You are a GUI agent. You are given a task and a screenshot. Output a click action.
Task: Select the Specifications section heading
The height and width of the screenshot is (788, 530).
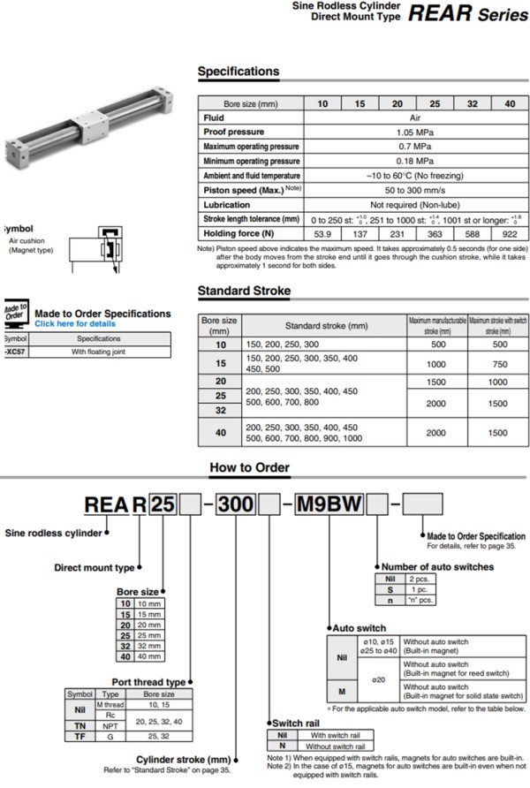click(x=238, y=72)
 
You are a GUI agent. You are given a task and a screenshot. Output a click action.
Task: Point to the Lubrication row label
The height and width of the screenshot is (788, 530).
click(x=227, y=204)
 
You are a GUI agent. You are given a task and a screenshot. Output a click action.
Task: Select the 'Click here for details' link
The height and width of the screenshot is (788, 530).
click(x=75, y=323)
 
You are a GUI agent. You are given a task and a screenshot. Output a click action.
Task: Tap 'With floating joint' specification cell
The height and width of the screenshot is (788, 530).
click(x=98, y=351)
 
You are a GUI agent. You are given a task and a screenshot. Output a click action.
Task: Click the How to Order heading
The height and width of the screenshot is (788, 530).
click(x=250, y=467)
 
